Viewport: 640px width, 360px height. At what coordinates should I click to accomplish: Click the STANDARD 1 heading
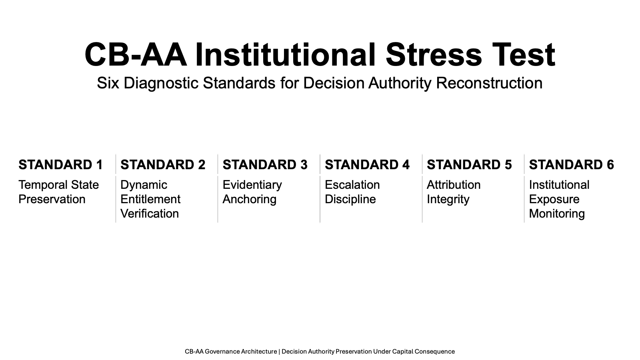60,164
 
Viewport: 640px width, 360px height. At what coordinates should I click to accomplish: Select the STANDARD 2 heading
163,164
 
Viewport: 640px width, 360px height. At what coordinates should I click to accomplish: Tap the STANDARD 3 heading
265,164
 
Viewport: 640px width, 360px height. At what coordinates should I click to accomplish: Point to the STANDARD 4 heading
367,164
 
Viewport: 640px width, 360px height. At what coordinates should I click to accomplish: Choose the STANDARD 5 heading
469,164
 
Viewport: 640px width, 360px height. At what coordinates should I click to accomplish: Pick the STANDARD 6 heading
572,164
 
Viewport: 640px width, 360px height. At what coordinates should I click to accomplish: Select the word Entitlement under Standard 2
150,199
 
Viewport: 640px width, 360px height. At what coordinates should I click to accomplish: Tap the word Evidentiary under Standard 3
252,185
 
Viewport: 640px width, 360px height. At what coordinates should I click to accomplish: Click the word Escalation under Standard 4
352,185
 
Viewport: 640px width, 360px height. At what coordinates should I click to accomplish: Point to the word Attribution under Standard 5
454,185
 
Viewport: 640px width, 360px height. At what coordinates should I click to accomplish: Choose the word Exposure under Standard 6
554,200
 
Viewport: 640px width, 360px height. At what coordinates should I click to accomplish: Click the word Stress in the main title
434,54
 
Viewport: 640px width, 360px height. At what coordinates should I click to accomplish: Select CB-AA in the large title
136,54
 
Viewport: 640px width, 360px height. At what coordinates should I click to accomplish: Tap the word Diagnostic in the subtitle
161,83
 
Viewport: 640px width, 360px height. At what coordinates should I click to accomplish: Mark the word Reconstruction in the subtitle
489,83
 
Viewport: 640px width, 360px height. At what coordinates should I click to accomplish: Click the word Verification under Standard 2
150,214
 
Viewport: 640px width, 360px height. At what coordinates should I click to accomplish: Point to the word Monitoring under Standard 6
557,214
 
